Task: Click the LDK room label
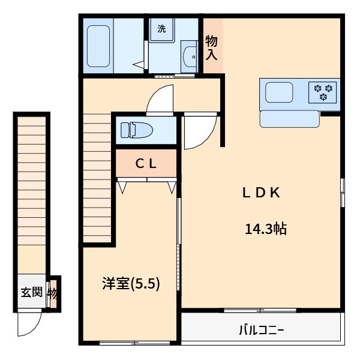(262, 193)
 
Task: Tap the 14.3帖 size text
(265, 229)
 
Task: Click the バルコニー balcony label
(261, 329)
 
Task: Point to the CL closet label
(145, 163)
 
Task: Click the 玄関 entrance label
(32, 293)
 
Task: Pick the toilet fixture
(135, 130)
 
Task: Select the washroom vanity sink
(191, 56)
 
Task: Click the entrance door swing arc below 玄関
(28, 324)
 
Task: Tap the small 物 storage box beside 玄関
(53, 293)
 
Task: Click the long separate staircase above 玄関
(31, 192)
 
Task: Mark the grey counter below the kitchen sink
(290, 119)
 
